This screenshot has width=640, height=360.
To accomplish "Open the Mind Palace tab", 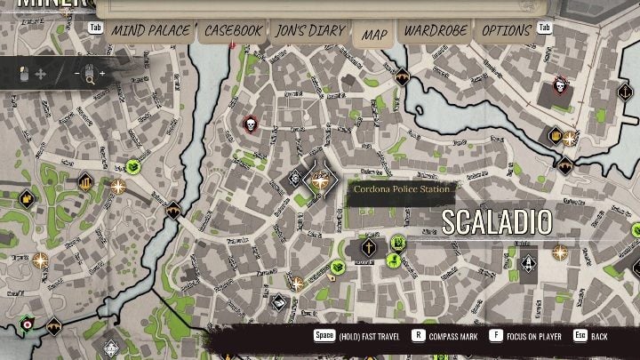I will click(x=149, y=31).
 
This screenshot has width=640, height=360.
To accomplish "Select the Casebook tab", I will click(x=234, y=31).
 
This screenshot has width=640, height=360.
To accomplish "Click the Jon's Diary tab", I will click(x=310, y=31).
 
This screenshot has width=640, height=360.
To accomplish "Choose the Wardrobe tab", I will click(x=436, y=31).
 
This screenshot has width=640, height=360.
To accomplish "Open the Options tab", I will click(x=507, y=31).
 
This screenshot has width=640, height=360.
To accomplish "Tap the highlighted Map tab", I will click(x=374, y=35).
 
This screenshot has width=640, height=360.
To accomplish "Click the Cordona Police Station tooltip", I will click(x=403, y=189).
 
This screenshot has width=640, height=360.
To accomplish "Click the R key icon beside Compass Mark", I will click(x=419, y=337).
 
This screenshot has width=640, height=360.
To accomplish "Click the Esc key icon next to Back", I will click(x=579, y=337).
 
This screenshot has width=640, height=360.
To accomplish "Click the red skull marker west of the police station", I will click(x=250, y=124).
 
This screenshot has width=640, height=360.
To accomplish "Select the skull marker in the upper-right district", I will click(x=560, y=86).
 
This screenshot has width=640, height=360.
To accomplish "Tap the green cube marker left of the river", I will click(x=134, y=165).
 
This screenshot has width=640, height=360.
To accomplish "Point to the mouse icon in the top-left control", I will click(x=24, y=75).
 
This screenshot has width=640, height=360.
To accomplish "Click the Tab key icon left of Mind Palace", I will click(x=92, y=27).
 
